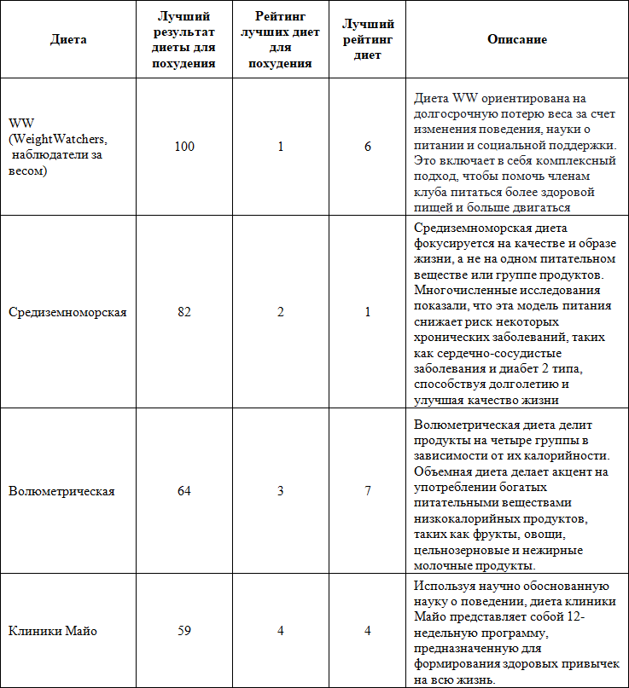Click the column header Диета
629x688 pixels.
pyautogui.click(x=68, y=40)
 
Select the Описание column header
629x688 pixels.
pyautogui.click(x=517, y=40)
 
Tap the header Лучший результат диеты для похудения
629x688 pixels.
pyautogui.click(x=184, y=40)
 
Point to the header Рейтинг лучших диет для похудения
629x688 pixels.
pyautogui.click(x=281, y=40)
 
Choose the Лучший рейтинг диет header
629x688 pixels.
pyautogui.click(x=368, y=40)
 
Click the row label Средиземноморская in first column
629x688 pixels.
pyautogui.click(x=67, y=312)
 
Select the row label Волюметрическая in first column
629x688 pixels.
pyautogui.click(x=61, y=491)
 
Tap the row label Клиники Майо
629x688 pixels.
pyautogui.click(x=53, y=632)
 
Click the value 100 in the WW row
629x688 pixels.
pyautogui.click(x=184, y=147)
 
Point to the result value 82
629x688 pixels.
pyautogui.click(x=184, y=312)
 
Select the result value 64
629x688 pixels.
pyautogui.click(x=184, y=491)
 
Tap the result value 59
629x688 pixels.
pyautogui.click(x=184, y=632)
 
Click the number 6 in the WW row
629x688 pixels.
pyautogui.click(x=368, y=147)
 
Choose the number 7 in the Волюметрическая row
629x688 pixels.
pyautogui.click(x=368, y=491)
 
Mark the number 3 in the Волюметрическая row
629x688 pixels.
pyautogui.click(x=281, y=491)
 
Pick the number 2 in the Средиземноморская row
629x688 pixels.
pyautogui.click(x=281, y=312)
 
